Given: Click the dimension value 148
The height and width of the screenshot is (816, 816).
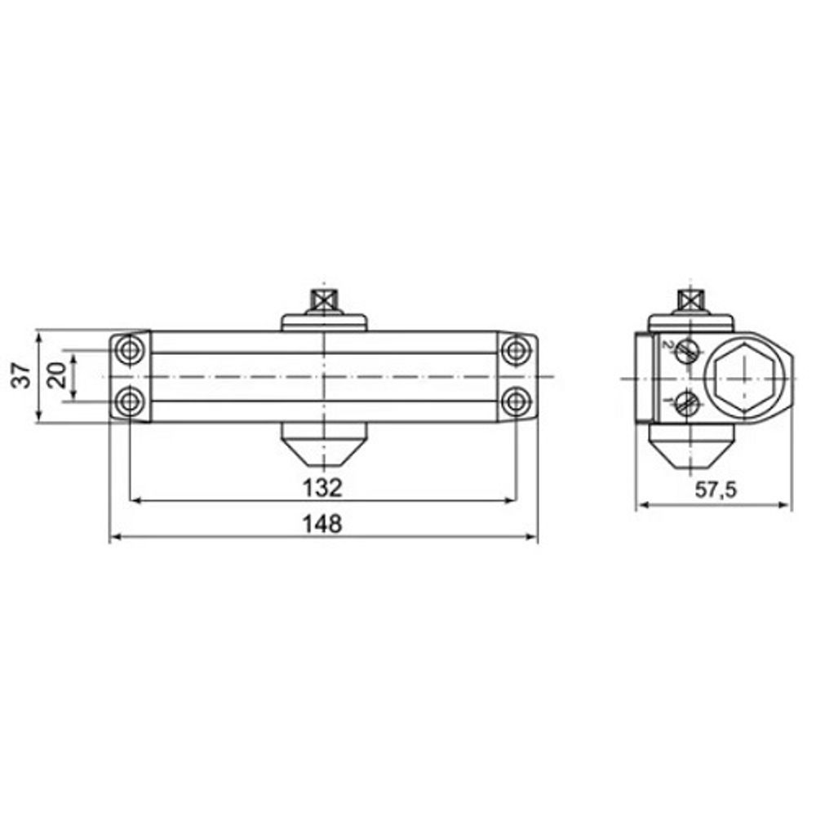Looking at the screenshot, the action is pyautogui.click(x=322, y=524).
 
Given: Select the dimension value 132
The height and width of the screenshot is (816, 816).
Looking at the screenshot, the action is pyautogui.click(x=322, y=488).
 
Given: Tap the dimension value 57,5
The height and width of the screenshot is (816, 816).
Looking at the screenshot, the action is pyautogui.click(x=716, y=490).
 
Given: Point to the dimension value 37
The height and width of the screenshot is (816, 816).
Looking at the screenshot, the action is pyautogui.click(x=22, y=375).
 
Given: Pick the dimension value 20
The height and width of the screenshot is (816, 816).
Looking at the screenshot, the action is pyautogui.click(x=57, y=375).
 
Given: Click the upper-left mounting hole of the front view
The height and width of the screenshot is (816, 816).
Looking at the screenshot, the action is pyautogui.click(x=130, y=350).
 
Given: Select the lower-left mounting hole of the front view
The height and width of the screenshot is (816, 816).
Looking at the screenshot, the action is pyautogui.click(x=130, y=401).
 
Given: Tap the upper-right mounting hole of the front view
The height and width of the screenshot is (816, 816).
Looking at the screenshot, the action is pyautogui.click(x=517, y=350).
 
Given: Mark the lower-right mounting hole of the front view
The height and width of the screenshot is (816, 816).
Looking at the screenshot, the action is pyautogui.click(x=517, y=401).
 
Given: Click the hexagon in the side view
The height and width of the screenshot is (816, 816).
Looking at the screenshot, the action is pyautogui.click(x=745, y=379).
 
